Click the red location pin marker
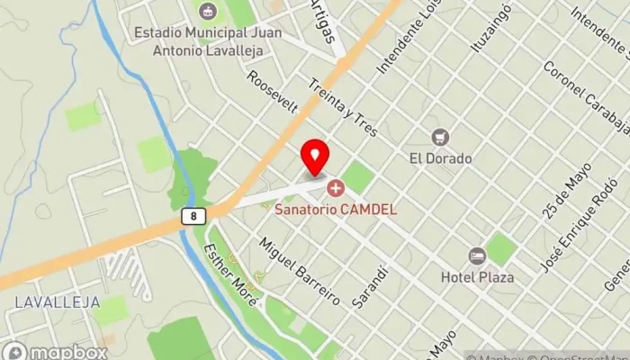pyautogui.click(x=314, y=157)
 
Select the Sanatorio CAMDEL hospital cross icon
pyautogui.click(x=336, y=189)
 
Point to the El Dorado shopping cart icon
pyautogui.click(x=440, y=138)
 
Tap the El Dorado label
pyautogui.click(x=440, y=158)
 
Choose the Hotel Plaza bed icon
pyautogui.click(x=477, y=256)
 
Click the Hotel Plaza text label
pyautogui.click(x=477, y=277)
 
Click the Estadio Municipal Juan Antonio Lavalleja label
pyautogui.click(x=207, y=40)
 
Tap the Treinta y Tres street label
pyautogui.click(x=341, y=106)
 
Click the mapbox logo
pyautogui.click(x=54, y=351)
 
